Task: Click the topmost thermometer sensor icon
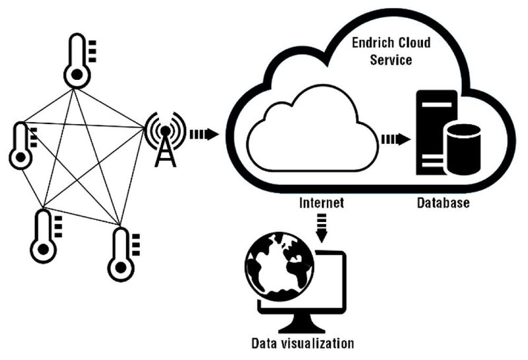(x=77, y=63)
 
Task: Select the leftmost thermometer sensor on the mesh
(x=22, y=145)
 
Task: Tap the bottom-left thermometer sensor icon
(x=44, y=236)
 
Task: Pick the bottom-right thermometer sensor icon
(x=121, y=254)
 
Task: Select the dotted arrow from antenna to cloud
(x=204, y=135)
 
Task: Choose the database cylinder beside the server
(x=462, y=147)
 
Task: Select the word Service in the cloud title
(x=389, y=61)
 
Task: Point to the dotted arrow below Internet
(x=321, y=226)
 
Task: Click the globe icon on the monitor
(x=279, y=268)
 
